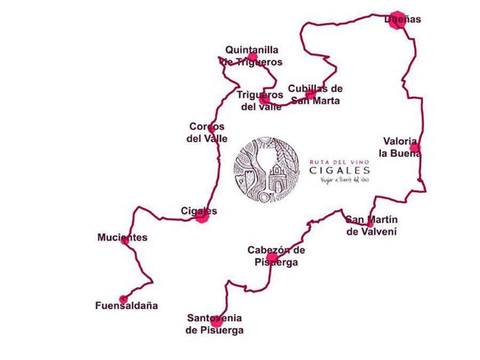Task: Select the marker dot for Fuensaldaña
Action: coord(124,299)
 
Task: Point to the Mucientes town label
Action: coord(122,237)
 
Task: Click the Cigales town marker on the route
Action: coord(201,215)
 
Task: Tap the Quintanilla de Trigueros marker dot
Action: coord(252,57)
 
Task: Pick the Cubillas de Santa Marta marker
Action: coord(310,94)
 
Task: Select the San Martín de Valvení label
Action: coord(371,226)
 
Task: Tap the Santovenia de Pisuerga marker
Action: coord(216,321)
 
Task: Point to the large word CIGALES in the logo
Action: coord(340,170)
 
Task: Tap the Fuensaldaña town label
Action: coord(126,306)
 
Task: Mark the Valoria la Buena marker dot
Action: coord(414,148)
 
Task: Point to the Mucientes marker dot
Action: coord(125,241)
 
